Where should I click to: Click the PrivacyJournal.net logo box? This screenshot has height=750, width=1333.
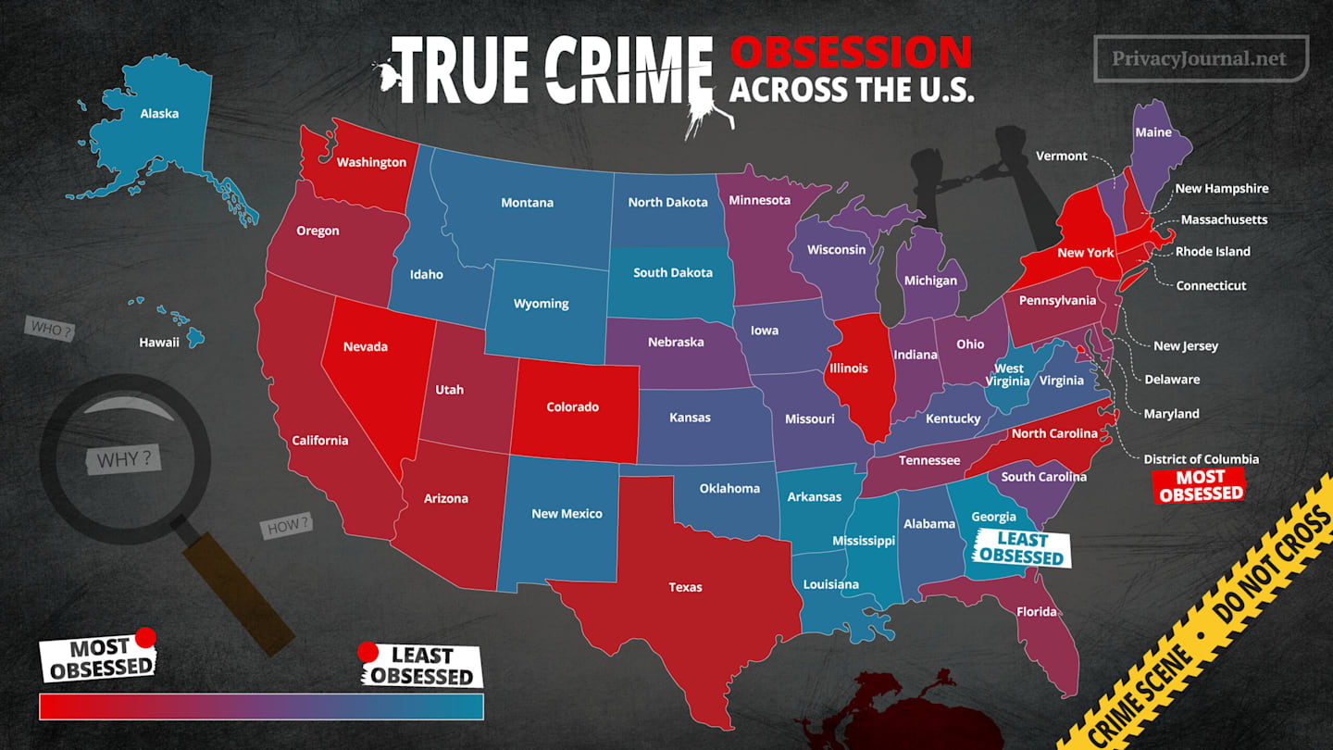pyautogui.click(x=1201, y=58)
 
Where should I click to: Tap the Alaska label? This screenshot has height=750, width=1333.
pyautogui.click(x=159, y=114)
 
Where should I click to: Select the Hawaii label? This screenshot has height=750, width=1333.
pyautogui.click(x=159, y=343)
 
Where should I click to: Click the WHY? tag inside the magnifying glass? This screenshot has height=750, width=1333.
pyautogui.click(x=124, y=459)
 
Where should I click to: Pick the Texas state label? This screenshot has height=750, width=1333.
pyautogui.click(x=685, y=587)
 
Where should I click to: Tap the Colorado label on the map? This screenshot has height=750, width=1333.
pyautogui.click(x=572, y=407)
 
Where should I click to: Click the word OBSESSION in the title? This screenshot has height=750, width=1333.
pyautogui.click(x=850, y=54)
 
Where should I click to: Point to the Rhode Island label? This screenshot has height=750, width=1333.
pyautogui.click(x=1213, y=252)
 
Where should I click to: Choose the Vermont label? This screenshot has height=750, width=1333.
pyautogui.click(x=1061, y=156)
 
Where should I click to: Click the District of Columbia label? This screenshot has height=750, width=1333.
pyautogui.click(x=1201, y=459)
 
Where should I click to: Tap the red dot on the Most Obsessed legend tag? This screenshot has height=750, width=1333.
pyautogui.click(x=145, y=637)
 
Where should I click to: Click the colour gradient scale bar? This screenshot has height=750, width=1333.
pyautogui.click(x=261, y=706)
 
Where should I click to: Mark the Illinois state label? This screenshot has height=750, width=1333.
pyautogui.click(x=848, y=369)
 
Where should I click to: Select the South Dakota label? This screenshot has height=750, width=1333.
pyautogui.click(x=672, y=273)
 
